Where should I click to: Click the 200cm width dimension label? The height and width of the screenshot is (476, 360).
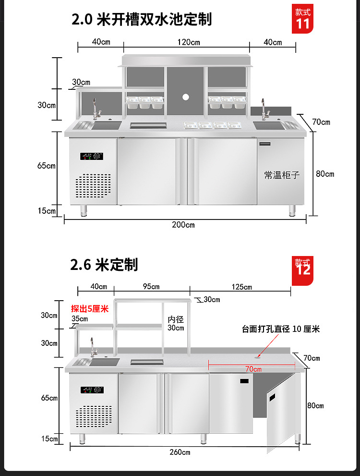tap(183, 225)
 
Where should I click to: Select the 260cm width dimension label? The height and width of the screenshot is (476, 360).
tap(179, 452)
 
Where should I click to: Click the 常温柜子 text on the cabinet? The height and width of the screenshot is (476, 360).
tap(282, 175)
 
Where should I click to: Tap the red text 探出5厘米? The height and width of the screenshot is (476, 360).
tap(90, 308)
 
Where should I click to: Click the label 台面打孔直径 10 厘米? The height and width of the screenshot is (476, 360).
tap(281, 329)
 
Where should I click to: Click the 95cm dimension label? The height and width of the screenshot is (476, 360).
tap(151, 287)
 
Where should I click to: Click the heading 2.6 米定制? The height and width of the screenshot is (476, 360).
tap(104, 264)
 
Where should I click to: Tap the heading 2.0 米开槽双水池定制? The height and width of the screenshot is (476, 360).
tap(142, 20)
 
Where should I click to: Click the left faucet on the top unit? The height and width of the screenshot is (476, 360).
tap(96, 110)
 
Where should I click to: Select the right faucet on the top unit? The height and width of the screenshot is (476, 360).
tap(264, 110)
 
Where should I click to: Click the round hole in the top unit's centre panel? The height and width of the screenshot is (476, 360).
tap(185, 97)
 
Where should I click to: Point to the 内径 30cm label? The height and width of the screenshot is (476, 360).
tap(176, 323)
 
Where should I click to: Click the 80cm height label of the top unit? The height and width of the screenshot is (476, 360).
tap(325, 174)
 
